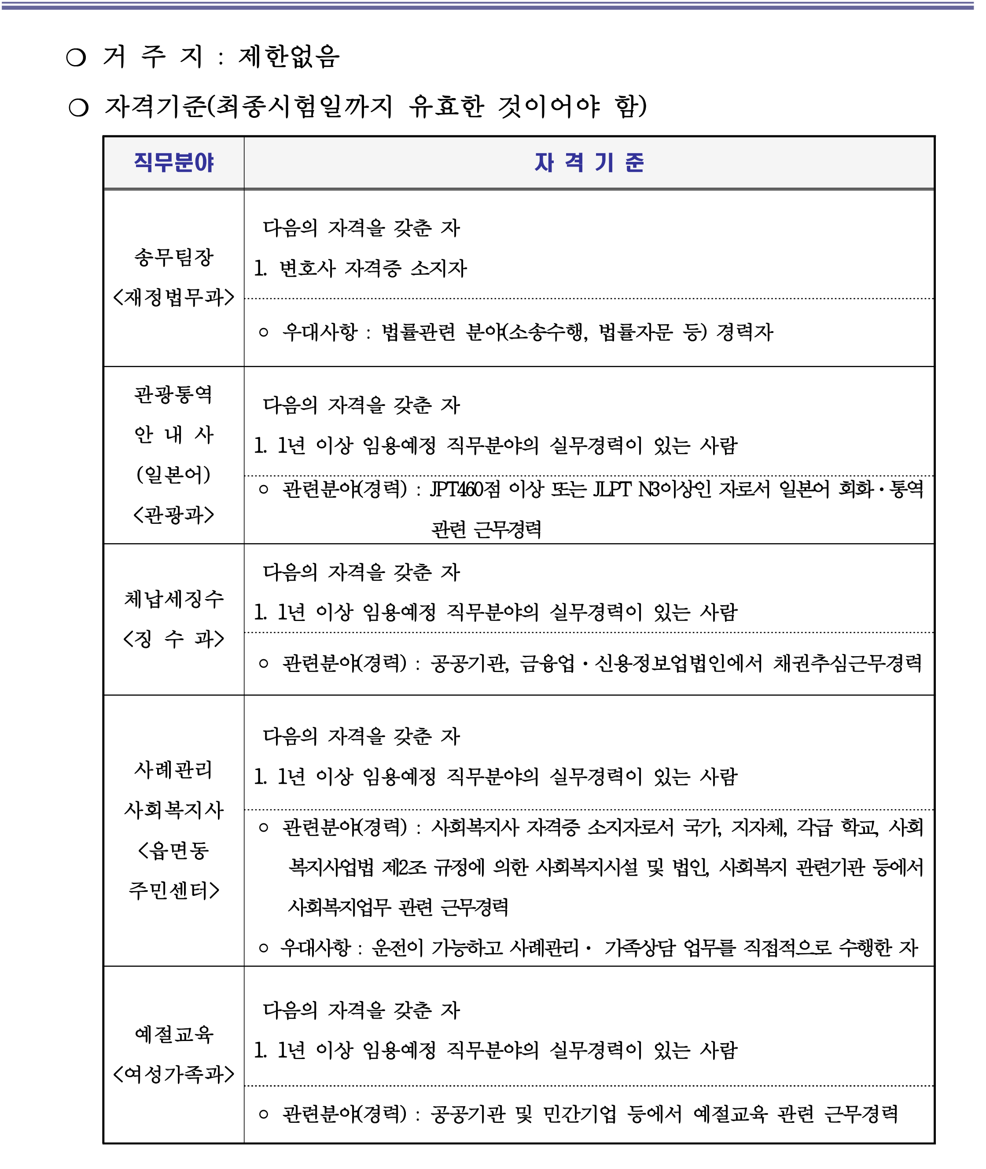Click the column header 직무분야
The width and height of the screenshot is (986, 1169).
point(173,163)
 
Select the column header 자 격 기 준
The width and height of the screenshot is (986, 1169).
point(589,163)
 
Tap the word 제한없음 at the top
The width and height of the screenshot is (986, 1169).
point(289,56)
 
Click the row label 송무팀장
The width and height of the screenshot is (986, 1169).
point(173,257)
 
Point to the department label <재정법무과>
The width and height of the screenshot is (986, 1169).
point(173,296)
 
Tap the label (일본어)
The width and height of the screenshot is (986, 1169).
point(173,474)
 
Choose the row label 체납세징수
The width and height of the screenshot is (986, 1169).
point(173,599)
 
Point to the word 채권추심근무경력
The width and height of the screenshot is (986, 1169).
point(847,663)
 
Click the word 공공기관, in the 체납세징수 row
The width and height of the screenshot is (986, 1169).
point(470,663)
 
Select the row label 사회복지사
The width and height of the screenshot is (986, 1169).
point(173,809)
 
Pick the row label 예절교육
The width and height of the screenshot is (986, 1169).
point(173,1034)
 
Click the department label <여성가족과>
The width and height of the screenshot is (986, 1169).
point(173,1074)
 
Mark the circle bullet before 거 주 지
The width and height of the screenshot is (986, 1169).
point(76,58)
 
